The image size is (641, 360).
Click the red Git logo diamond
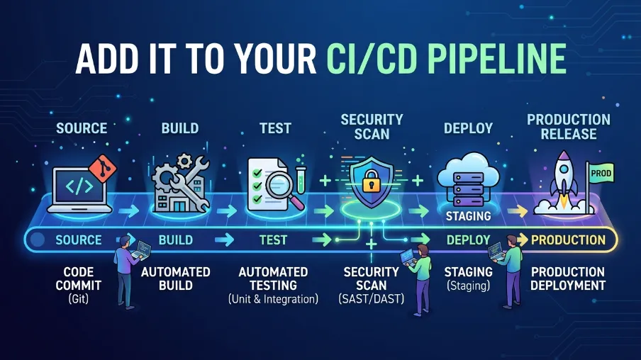pyautogui.click(x=103, y=169)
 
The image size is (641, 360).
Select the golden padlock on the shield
pyautogui.click(x=371, y=181)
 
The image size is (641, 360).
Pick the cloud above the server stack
pyautogui.click(x=468, y=172)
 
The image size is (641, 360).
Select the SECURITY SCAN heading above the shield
pyautogui.click(x=372, y=127)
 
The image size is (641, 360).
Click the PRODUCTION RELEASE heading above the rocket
pyautogui.click(x=568, y=127)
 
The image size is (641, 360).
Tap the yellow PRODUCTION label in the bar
pyautogui.click(x=568, y=240)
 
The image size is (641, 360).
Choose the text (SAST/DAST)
pyautogui.click(x=371, y=299)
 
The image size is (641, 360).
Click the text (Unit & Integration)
pyautogui.click(x=273, y=299)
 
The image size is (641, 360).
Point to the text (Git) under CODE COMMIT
pyautogui.click(x=78, y=299)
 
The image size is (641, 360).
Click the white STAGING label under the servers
pyautogui.click(x=468, y=215)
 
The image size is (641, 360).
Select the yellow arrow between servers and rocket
pyautogui.click(x=518, y=211)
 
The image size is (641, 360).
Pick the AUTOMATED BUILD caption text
pyautogui.click(x=175, y=279)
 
